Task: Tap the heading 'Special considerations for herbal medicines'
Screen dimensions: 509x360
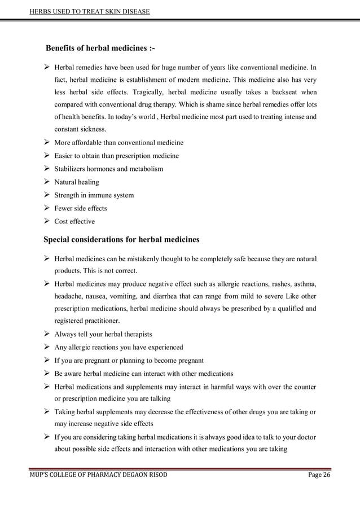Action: [x=121, y=239]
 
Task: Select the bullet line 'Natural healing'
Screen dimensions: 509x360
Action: [x=76, y=182]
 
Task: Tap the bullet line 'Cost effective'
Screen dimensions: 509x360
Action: [x=74, y=221]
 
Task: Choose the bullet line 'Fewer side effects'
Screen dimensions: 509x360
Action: [x=80, y=208]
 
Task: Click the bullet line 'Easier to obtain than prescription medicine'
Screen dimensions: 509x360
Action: [x=116, y=156]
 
